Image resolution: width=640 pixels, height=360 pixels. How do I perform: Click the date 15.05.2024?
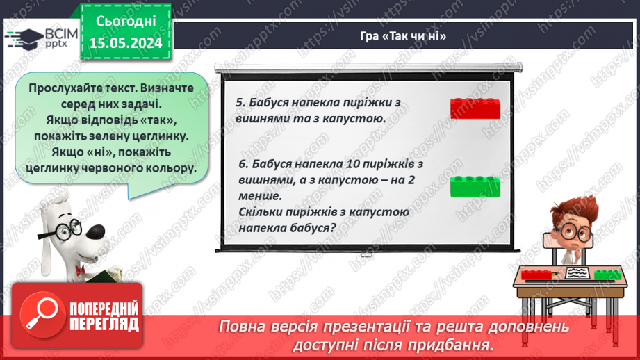[125, 43]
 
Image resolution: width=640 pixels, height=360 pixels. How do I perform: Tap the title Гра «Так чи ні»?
[411, 37]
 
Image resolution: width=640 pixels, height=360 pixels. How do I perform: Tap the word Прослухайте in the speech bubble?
[64, 89]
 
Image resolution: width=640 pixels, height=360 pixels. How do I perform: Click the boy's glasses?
[573, 231]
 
